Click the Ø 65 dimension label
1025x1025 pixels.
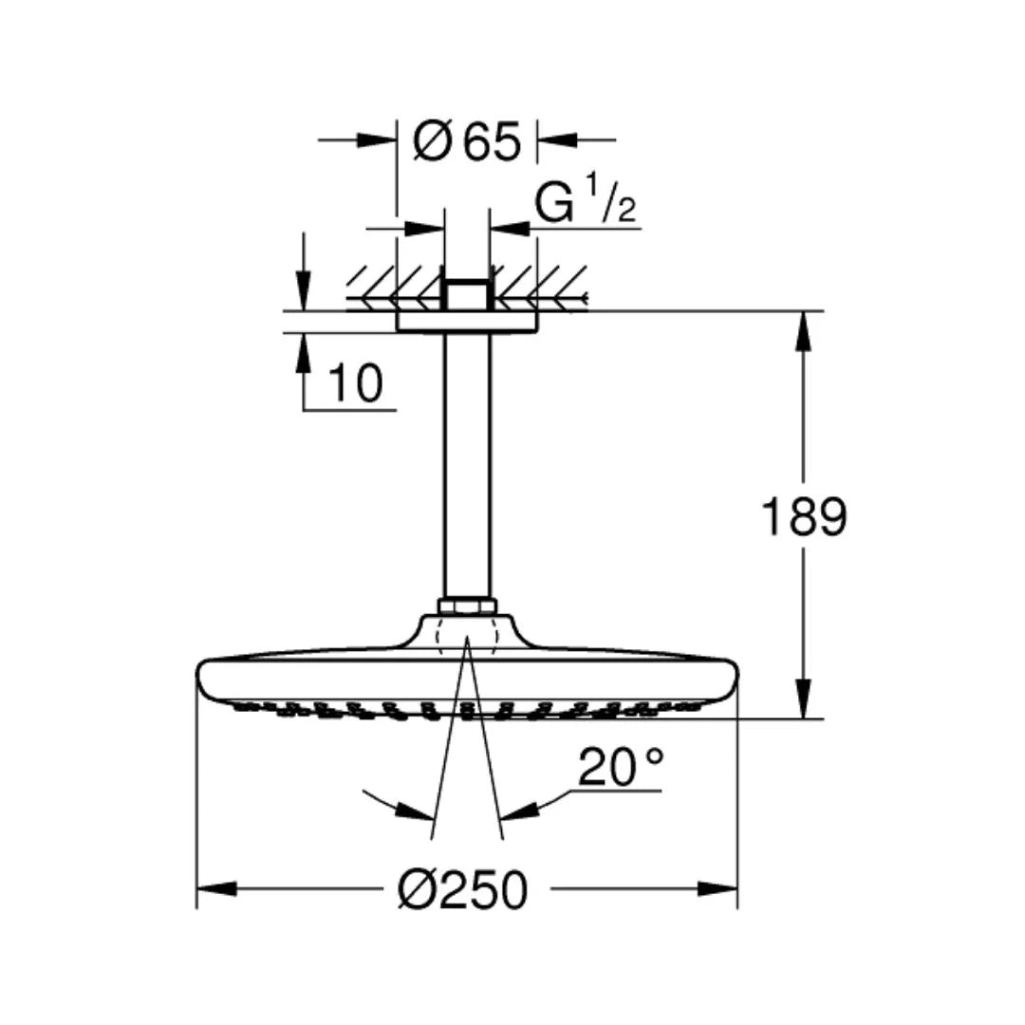click(x=468, y=143)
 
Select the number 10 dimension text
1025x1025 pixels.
click(x=355, y=382)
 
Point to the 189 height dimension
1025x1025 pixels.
click(x=803, y=517)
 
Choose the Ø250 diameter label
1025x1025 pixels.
click(x=462, y=890)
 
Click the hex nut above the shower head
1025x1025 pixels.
click(x=467, y=605)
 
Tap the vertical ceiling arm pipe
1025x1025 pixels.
click(x=467, y=465)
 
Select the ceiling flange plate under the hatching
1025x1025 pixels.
click(x=467, y=323)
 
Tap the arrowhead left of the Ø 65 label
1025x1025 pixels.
click(x=378, y=140)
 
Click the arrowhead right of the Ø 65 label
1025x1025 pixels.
click(x=557, y=140)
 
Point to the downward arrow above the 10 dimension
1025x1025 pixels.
click(x=303, y=289)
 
